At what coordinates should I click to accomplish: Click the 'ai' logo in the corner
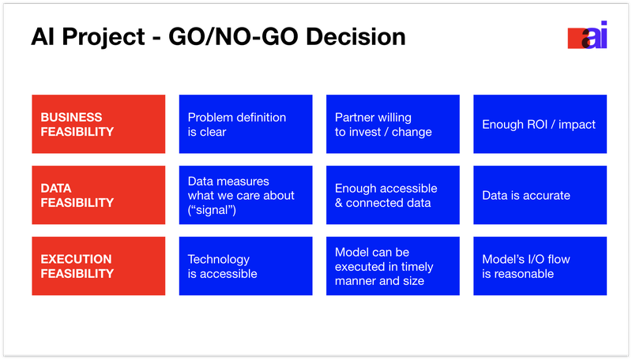[x=587, y=35]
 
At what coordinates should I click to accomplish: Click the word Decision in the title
[x=355, y=36]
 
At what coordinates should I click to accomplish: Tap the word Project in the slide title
[x=103, y=38]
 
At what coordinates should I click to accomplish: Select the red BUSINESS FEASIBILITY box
[x=98, y=124]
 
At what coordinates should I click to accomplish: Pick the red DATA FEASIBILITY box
[x=98, y=195]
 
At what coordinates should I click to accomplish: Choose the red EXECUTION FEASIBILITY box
[x=98, y=266]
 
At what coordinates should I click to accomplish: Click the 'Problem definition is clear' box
[x=246, y=124]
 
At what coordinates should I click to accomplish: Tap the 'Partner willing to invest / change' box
[x=393, y=124]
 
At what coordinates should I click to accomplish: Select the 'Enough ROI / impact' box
[x=540, y=124]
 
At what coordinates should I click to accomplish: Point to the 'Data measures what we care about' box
[x=246, y=195]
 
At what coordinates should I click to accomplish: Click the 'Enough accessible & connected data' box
[x=393, y=195]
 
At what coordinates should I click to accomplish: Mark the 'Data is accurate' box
[x=540, y=195]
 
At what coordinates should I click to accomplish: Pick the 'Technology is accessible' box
[x=246, y=266]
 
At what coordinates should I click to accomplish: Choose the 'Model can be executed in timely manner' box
[x=393, y=266]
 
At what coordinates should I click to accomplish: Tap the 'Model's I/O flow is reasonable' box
[x=540, y=266]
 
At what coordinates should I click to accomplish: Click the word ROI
[x=537, y=125]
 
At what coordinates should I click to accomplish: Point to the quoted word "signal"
[x=212, y=210]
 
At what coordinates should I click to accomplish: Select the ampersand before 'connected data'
[x=339, y=203]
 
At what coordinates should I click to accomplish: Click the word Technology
[x=219, y=260]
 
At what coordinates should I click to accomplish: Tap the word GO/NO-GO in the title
[x=232, y=36]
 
